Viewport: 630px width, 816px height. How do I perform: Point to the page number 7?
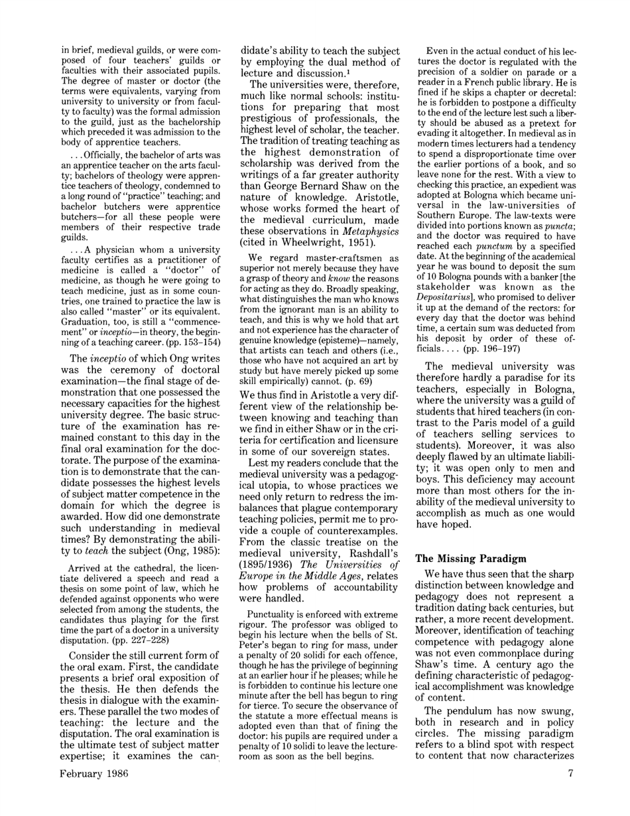pyautogui.click(x=570, y=792)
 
